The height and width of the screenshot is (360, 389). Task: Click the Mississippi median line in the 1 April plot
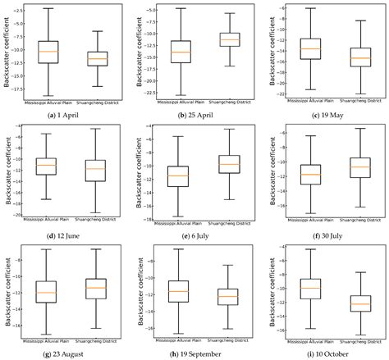pyautogui.click(x=48, y=52)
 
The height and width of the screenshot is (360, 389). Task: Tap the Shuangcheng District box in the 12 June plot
pyautogui.click(x=96, y=170)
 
